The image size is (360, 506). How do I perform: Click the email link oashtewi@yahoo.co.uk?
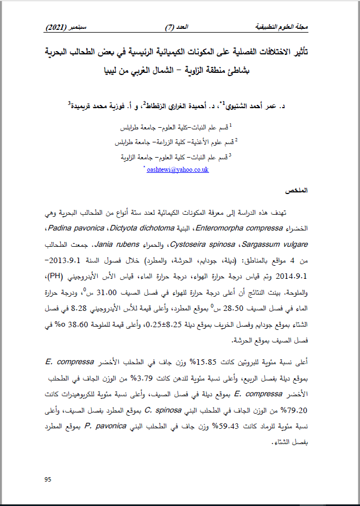(178, 170)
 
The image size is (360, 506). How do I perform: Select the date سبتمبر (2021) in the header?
(64, 27)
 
